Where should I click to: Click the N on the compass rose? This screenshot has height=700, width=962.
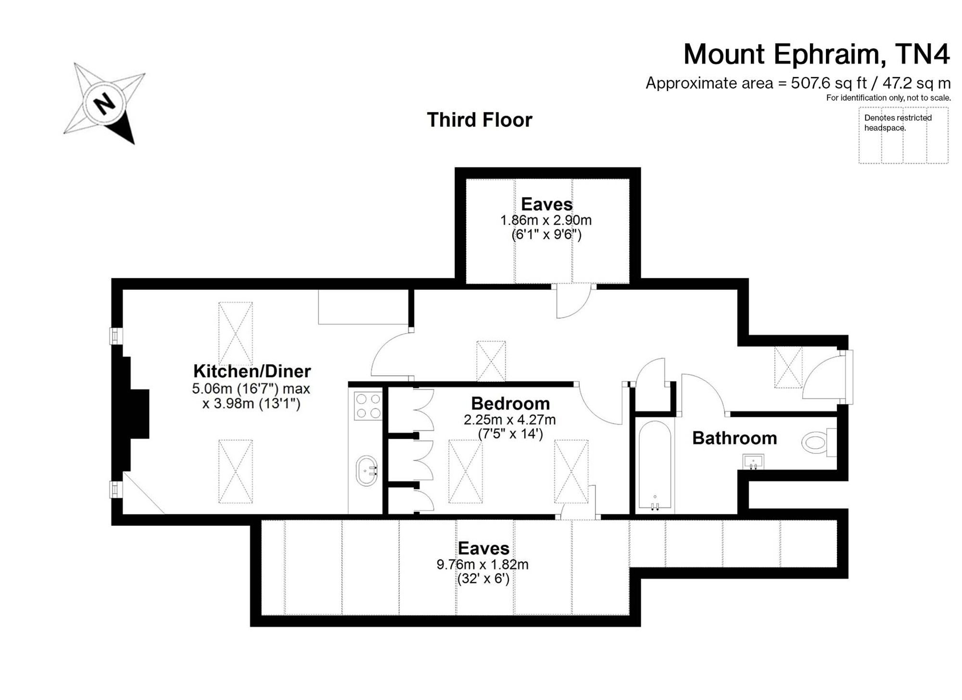coord(104,103)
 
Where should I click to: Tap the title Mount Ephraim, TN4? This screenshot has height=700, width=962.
coord(817,54)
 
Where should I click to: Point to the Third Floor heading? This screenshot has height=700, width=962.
coord(480,120)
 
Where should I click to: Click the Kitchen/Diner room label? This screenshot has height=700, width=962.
coord(252,371)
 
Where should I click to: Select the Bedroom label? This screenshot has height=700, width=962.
coord(510,403)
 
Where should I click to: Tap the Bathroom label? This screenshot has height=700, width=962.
coord(734,438)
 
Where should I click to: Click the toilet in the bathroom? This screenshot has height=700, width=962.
coord(819,442)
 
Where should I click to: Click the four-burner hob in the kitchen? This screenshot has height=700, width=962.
coord(368,405)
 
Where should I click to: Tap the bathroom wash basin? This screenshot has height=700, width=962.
coord(753,462)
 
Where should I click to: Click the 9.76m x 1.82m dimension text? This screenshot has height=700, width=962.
coord(482,564)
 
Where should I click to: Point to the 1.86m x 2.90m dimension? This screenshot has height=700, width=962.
coord(546,220)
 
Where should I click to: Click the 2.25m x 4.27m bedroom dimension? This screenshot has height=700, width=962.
coord(510,420)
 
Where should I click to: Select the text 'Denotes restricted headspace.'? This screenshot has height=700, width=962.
coord(898,123)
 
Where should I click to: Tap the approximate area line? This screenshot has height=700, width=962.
coord(798,83)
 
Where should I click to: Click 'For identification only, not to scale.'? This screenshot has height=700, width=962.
coord(888,98)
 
